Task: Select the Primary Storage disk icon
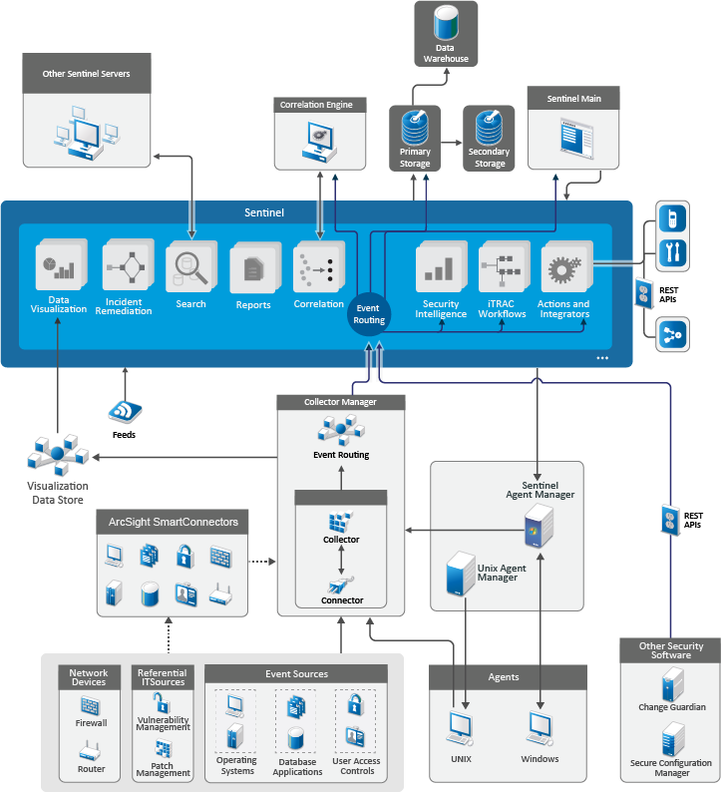point(415,128)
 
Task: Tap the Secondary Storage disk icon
point(490,128)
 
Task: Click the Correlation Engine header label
point(315,104)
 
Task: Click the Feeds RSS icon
point(125,411)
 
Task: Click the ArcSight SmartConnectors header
point(173,522)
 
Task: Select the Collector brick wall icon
point(340,521)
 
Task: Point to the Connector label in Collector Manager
point(342,600)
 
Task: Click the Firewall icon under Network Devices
point(91,704)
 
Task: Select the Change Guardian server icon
point(672,684)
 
